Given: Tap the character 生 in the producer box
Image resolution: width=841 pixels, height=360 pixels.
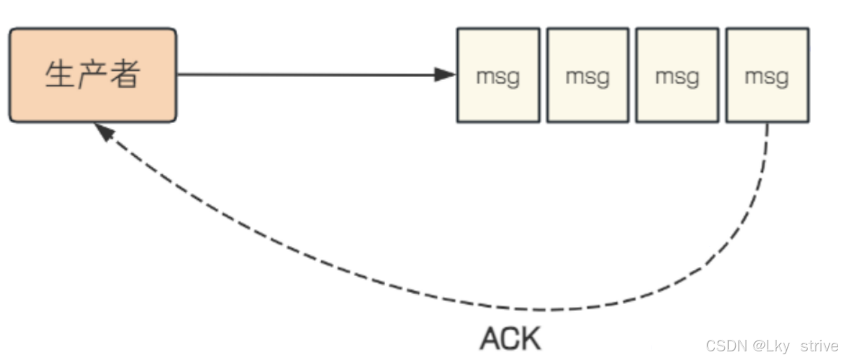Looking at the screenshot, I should pyautogui.click(x=58, y=75).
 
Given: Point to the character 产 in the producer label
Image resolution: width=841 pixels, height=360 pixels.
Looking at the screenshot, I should pyautogui.click(x=92, y=75).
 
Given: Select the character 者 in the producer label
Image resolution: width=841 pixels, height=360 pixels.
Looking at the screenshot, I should pyautogui.click(x=125, y=75).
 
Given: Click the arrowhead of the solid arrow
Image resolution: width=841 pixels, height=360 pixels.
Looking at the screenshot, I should pyautogui.click(x=446, y=74).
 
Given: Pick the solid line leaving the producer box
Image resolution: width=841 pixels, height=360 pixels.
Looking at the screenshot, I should pyautogui.click(x=302, y=74).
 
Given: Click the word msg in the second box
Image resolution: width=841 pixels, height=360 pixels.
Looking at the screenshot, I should pyautogui.click(x=588, y=76).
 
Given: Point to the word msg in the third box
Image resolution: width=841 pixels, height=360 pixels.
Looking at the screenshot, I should pyautogui.click(x=677, y=76).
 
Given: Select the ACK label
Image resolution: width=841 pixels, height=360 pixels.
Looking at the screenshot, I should pyautogui.click(x=510, y=338).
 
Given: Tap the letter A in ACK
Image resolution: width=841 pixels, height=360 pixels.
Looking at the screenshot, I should pyautogui.click(x=490, y=338).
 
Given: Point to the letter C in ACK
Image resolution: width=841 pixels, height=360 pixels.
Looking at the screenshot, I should pyautogui.click(x=510, y=338).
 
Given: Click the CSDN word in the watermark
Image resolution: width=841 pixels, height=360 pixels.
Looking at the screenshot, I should pyautogui.click(x=727, y=346).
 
